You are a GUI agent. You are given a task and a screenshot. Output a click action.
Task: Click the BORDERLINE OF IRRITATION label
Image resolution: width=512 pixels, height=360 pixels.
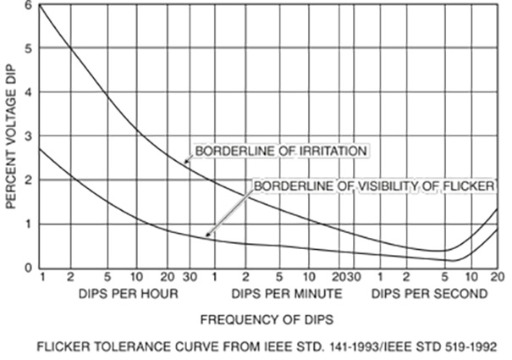click(x=280, y=152)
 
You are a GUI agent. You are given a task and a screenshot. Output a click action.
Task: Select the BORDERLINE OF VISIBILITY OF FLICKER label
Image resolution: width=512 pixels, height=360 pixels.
click(x=373, y=185)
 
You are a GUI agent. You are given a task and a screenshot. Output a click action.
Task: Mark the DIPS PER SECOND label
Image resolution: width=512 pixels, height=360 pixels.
click(x=429, y=295)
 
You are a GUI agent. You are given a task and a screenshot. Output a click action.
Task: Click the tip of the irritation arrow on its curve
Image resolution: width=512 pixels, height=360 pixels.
click(x=184, y=162)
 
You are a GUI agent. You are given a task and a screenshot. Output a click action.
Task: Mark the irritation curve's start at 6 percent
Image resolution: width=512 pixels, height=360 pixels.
click(x=41, y=6)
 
